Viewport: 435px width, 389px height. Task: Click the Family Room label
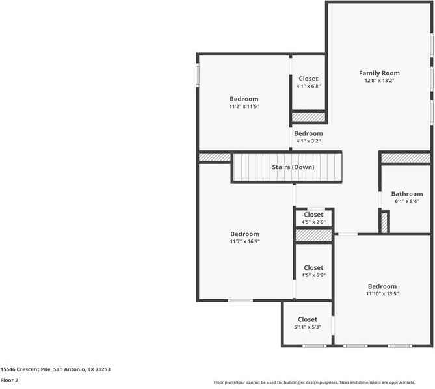(x=379, y=73)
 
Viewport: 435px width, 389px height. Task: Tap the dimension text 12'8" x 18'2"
(x=379, y=81)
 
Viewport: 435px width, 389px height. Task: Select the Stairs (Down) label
(x=293, y=167)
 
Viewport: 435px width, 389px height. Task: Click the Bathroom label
(x=406, y=194)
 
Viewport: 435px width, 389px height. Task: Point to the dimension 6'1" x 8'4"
(x=406, y=202)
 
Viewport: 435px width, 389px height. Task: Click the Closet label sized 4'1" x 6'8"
(x=308, y=79)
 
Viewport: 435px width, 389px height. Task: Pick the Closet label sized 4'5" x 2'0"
(x=313, y=215)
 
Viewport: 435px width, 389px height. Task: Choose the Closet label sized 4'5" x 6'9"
(x=313, y=267)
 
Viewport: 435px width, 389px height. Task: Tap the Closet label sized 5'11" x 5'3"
(x=308, y=319)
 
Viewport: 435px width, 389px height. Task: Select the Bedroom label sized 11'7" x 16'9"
(x=244, y=234)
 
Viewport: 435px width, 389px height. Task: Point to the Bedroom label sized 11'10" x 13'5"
(x=382, y=286)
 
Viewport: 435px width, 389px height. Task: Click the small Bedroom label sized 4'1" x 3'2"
(x=308, y=133)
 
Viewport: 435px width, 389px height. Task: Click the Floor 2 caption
(x=9, y=380)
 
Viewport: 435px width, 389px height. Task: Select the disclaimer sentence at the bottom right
(x=323, y=382)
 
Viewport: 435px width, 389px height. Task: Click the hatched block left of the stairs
(x=215, y=157)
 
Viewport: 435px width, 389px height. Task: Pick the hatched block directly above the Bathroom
(x=405, y=158)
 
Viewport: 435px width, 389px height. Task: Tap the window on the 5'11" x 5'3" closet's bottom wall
(x=314, y=345)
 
